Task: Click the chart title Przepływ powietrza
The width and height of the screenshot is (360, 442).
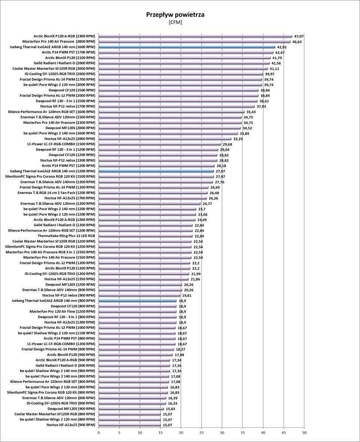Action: (x=175, y=15)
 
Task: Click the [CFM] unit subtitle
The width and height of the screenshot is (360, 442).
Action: (x=175, y=22)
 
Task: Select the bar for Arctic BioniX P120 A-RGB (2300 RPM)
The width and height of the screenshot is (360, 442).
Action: (x=195, y=36)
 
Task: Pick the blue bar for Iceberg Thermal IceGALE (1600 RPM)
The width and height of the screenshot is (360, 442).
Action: (x=187, y=47)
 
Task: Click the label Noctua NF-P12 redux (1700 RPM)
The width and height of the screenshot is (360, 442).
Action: (x=67, y=106)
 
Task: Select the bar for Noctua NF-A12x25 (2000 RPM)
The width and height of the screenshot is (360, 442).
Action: (x=165, y=139)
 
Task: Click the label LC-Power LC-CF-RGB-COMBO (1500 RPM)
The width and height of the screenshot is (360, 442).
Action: (x=61, y=144)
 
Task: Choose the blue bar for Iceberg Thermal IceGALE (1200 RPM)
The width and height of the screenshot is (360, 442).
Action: (x=156, y=171)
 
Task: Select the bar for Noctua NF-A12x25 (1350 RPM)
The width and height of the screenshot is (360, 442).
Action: (x=143, y=279)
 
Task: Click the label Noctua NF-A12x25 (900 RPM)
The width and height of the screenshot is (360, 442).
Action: (x=70, y=425)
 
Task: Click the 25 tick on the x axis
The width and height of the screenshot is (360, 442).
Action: (x=201, y=433)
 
